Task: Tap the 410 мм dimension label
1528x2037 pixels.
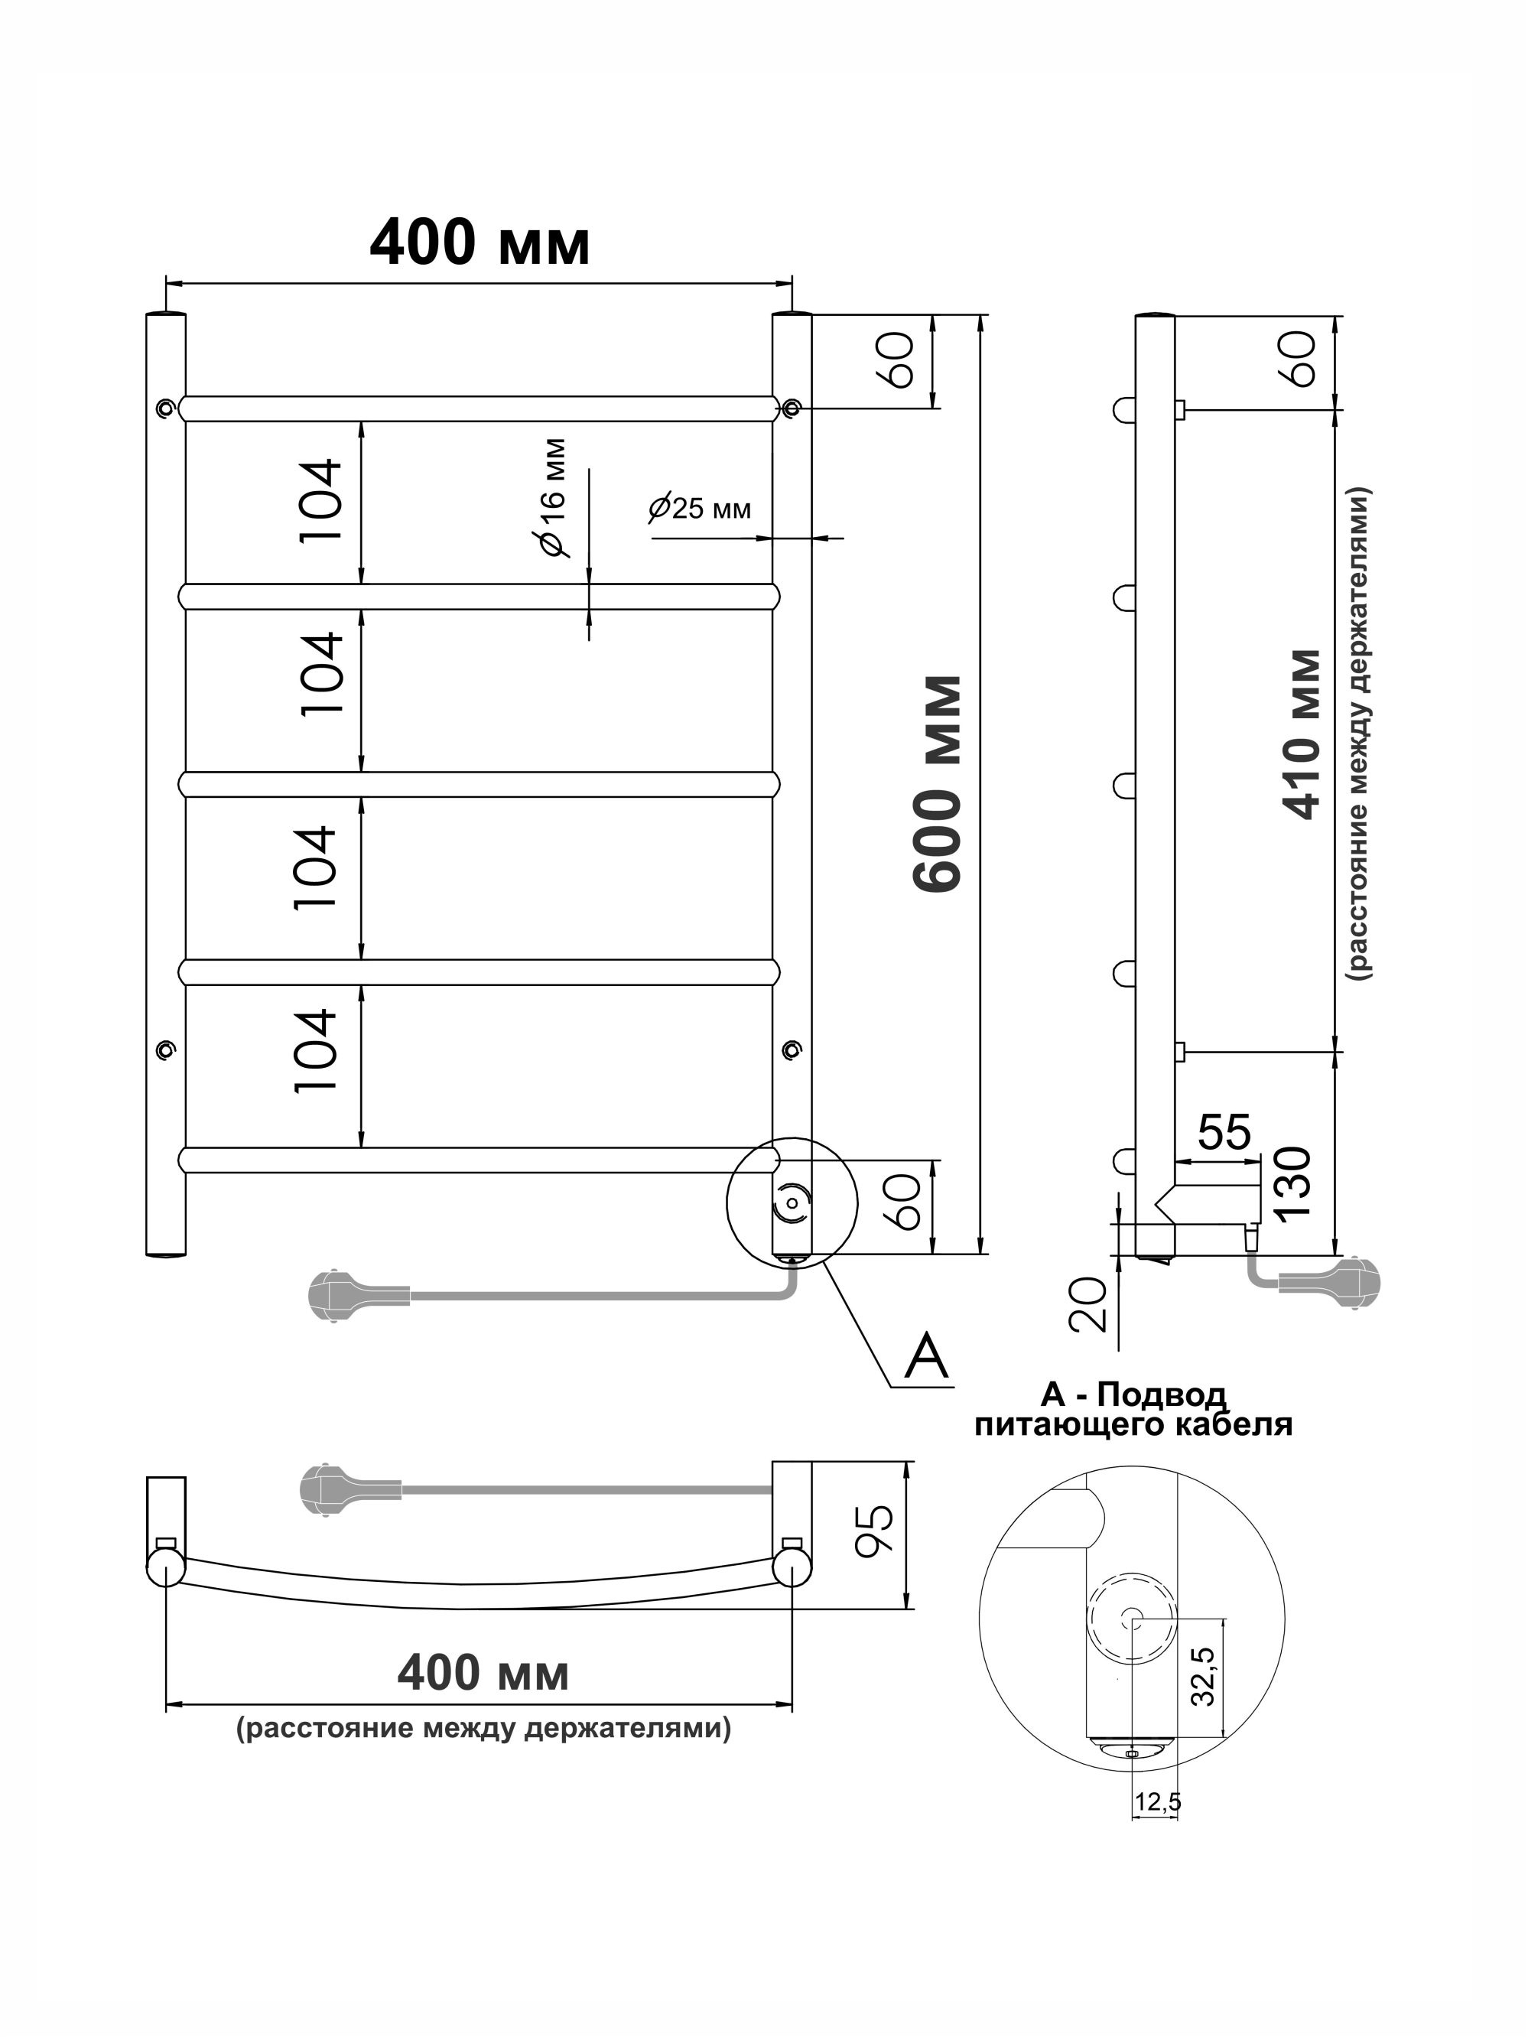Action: [x=1303, y=734]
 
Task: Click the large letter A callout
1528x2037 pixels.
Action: [x=926, y=1356]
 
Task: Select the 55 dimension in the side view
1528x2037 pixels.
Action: [x=1225, y=1133]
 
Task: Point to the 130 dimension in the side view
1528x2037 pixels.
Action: [x=1293, y=1183]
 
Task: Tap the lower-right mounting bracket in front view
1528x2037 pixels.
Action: [x=792, y=1049]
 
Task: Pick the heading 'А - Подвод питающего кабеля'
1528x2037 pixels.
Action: [x=1133, y=1410]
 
